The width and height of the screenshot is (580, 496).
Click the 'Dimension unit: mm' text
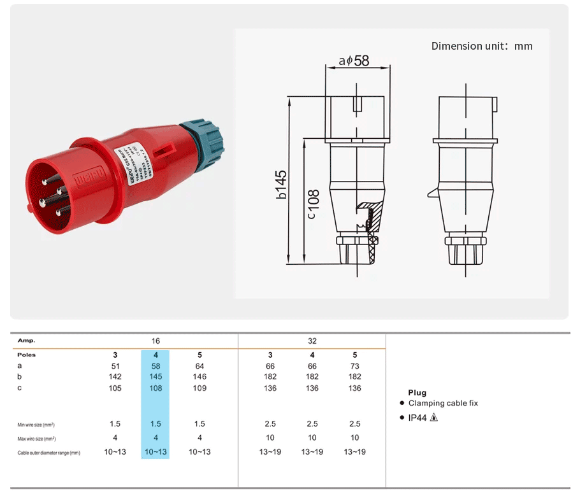click(x=481, y=46)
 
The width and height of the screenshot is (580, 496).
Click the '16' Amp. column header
click(x=155, y=341)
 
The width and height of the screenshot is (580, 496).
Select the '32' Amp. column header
click(x=312, y=341)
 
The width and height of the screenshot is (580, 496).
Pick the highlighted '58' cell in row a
click(x=155, y=366)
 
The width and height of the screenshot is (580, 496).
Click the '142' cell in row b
click(x=115, y=377)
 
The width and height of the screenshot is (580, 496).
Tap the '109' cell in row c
click(x=199, y=388)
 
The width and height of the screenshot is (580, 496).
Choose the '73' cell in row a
click(x=354, y=366)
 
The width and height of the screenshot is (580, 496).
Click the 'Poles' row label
click(x=27, y=355)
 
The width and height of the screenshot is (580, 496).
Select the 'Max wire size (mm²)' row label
click(x=36, y=439)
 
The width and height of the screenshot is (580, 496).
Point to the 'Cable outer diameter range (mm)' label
click(x=49, y=453)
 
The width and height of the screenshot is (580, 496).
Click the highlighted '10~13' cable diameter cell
click(x=155, y=452)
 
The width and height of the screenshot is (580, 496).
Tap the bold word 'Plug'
click(x=417, y=393)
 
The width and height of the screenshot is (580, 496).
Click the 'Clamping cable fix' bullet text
click(x=443, y=403)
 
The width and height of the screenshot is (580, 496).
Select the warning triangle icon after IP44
click(x=434, y=418)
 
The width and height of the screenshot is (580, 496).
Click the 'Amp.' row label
click(x=26, y=341)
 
